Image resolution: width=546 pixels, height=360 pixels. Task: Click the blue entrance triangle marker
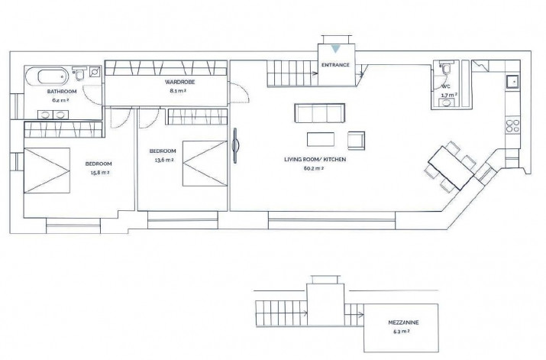[x=335, y=49]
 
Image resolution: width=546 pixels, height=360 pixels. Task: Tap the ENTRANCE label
[x=335, y=65]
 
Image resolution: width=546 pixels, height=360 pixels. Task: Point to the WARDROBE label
[x=179, y=83]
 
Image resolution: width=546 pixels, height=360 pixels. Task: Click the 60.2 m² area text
[x=314, y=168]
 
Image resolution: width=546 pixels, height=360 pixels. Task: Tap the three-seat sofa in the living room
[x=320, y=113]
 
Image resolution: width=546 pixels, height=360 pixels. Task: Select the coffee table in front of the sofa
[x=321, y=139]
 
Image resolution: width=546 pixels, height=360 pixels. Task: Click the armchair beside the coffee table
[x=356, y=141]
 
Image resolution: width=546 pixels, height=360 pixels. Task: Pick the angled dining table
[x=451, y=167]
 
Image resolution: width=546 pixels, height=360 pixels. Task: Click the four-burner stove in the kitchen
[x=512, y=126]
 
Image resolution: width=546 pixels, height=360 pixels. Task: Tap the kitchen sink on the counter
[x=512, y=82]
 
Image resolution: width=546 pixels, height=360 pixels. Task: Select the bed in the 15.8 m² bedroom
[x=47, y=170]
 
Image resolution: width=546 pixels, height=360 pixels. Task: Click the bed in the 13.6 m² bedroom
[x=205, y=164]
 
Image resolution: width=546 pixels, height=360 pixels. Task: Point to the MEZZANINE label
[x=403, y=323]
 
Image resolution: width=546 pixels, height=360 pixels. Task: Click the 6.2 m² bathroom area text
[x=60, y=100]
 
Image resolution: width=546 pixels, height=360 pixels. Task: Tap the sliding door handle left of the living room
[x=235, y=145]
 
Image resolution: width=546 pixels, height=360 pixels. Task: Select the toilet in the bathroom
[x=79, y=73]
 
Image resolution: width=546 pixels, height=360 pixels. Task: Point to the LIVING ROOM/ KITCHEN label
[x=315, y=160]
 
